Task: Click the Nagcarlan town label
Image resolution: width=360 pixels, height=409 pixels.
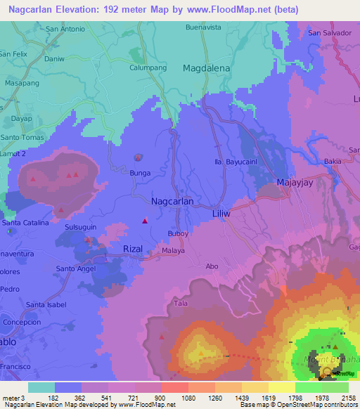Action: pos(172,201)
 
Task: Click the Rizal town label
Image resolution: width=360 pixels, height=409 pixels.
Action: pos(133,249)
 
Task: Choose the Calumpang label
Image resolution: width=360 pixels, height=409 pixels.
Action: pos(147,68)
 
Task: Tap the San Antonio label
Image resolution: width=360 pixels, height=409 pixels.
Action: pos(65,30)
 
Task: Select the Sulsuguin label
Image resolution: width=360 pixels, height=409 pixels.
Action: pos(81,228)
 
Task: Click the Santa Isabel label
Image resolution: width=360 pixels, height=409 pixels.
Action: pos(46,304)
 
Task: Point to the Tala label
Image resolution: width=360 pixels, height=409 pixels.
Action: pos(181,303)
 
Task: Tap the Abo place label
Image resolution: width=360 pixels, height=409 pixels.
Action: pos(212,266)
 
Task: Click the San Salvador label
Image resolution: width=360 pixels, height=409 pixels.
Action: pos(328,33)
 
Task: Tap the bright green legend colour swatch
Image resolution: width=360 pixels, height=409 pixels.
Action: pos(308,387)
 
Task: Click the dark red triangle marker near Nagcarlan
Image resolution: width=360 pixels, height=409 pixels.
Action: pos(145,221)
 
